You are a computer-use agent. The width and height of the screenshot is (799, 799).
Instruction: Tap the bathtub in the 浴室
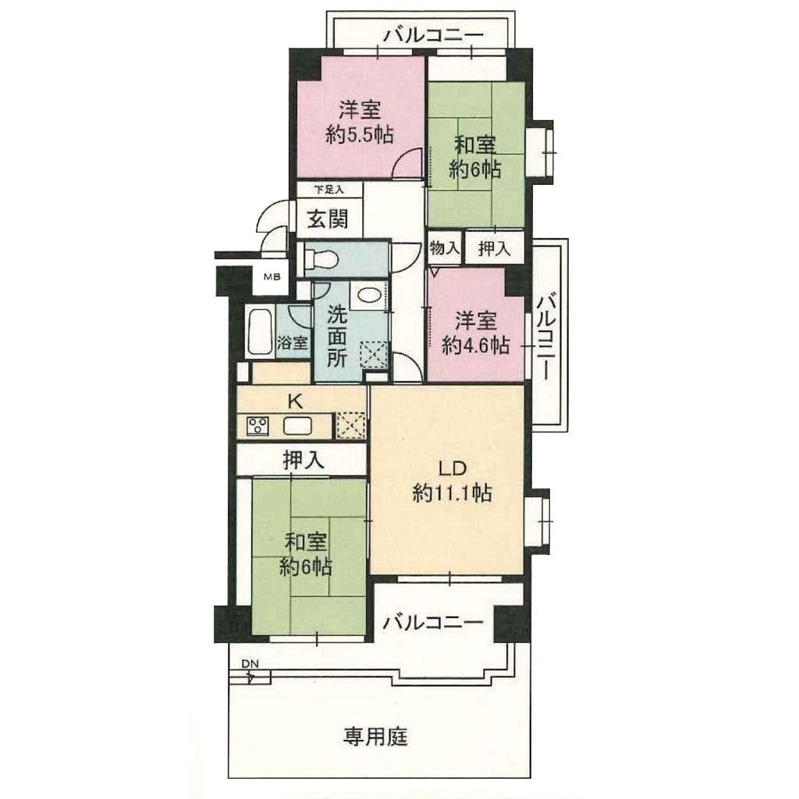point(260,331)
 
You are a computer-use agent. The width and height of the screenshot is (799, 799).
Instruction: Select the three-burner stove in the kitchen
point(257,426)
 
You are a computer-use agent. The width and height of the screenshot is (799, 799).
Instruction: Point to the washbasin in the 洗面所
point(367,296)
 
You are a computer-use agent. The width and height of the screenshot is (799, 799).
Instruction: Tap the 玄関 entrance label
point(328,219)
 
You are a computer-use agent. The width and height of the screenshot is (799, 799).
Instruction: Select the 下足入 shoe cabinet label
point(328,190)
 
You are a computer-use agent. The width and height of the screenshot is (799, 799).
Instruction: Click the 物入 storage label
point(445,248)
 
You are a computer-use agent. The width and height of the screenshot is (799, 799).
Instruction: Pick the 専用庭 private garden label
point(375,737)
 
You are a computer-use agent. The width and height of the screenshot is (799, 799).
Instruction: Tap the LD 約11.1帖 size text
point(452,493)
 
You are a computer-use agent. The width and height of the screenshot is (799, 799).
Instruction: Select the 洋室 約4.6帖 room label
point(475,334)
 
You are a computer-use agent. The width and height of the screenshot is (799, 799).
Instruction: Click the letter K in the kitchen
point(295,402)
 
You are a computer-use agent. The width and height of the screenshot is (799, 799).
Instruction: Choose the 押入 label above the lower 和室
point(304,460)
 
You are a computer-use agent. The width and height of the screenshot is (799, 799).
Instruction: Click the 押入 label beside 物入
point(494,248)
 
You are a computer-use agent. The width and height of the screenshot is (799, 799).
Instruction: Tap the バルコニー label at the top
point(433,36)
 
